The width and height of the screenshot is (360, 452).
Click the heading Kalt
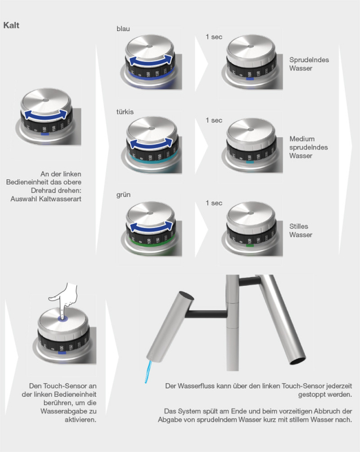click(x=11, y=25)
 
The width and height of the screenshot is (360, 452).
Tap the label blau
click(x=123, y=29)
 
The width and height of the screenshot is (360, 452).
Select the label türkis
click(x=125, y=112)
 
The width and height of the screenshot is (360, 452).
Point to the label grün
click(x=123, y=195)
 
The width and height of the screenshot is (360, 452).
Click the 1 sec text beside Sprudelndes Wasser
click(x=214, y=37)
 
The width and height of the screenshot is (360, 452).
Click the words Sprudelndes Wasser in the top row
click(x=309, y=64)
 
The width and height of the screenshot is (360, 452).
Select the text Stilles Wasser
click(x=301, y=231)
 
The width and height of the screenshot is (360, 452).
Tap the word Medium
click(x=302, y=139)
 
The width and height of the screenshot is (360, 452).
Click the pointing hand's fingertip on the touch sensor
click(x=63, y=316)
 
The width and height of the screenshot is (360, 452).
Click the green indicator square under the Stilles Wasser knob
click(x=250, y=245)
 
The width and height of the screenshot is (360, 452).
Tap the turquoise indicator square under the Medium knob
click(x=250, y=162)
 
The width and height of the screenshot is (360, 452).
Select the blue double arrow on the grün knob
click(x=150, y=228)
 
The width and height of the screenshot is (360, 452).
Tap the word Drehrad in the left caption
click(x=42, y=190)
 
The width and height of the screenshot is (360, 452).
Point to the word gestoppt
click(x=310, y=394)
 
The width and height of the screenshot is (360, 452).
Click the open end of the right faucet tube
click(x=298, y=360)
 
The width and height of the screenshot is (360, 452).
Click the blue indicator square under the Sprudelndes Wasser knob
click(x=250, y=79)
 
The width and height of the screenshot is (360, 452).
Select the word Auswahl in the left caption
click(x=24, y=199)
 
